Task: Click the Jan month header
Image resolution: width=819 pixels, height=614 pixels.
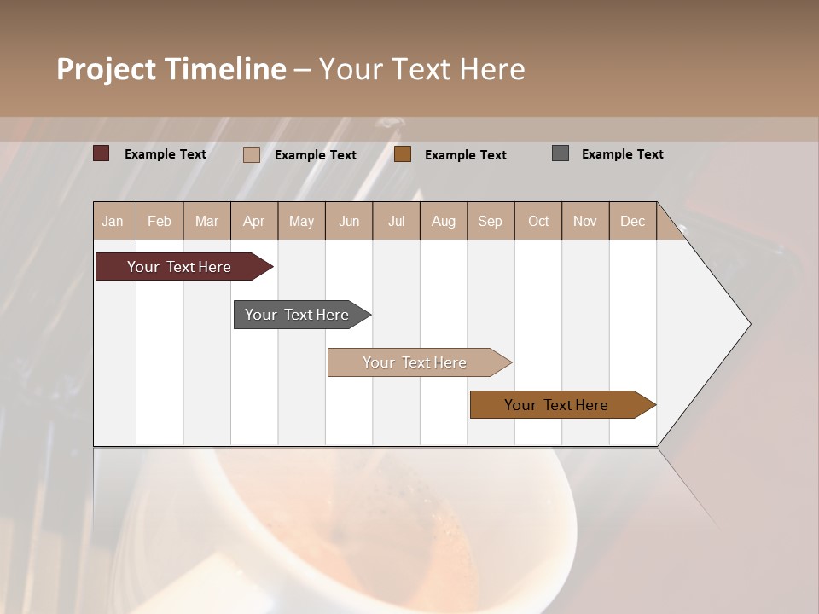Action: click(x=113, y=221)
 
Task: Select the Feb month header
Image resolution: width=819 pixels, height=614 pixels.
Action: click(x=160, y=221)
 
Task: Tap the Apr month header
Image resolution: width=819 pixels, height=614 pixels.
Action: click(x=253, y=221)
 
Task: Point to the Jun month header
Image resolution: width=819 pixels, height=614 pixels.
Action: click(x=349, y=221)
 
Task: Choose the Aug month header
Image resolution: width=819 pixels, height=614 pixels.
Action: click(x=443, y=221)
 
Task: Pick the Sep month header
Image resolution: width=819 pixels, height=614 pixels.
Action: click(x=490, y=221)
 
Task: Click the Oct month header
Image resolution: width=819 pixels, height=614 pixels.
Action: click(x=538, y=221)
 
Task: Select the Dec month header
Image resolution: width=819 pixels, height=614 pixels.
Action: click(x=632, y=221)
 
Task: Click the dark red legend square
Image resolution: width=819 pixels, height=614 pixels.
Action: click(x=102, y=153)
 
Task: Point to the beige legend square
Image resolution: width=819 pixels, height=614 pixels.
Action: click(x=252, y=154)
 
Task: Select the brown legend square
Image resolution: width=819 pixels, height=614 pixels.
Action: click(x=403, y=154)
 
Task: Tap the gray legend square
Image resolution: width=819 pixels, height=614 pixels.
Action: click(x=561, y=153)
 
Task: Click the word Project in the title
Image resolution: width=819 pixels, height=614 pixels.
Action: click(x=107, y=69)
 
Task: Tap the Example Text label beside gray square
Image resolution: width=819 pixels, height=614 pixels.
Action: click(x=622, y=153)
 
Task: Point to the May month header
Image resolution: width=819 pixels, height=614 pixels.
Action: click(x=301, y=221)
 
